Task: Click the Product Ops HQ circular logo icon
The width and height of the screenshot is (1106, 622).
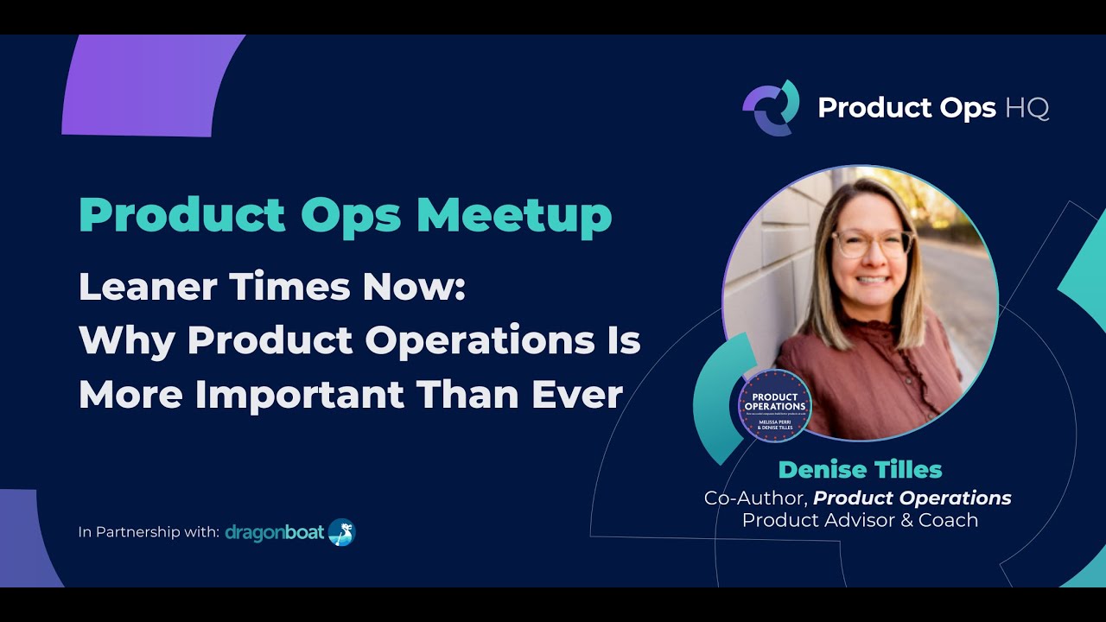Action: click(x=771, y=107)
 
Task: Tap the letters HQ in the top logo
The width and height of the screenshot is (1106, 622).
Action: click(x=1027, y=108)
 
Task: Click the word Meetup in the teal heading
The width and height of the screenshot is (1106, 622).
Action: click(x=514, y=216)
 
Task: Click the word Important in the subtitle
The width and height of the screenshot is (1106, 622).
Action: click(x=299, y=395)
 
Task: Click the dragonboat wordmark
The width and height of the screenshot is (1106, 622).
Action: click(x=274, y=532)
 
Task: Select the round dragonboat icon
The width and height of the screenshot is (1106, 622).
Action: click(x=341, y=532)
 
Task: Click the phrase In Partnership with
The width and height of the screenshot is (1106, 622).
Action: click(x=148, y=532)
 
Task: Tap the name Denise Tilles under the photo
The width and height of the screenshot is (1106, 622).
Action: click(x=860, y=470)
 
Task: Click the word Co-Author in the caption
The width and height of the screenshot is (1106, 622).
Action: click(x=754, y=498)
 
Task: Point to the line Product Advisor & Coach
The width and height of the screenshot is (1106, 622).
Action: click(x=860, y=520)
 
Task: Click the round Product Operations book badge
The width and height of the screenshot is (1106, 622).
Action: click(x=774, y=405)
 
